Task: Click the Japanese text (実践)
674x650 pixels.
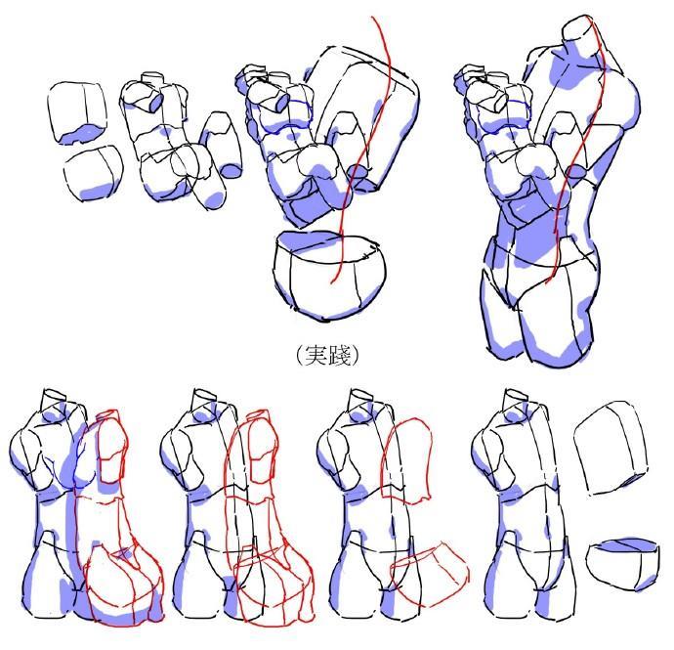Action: point(328,356)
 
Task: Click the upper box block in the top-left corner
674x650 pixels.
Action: point(78,113)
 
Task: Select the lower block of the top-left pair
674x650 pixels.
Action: point(93,173)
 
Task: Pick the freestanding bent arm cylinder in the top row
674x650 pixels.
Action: point(223,144)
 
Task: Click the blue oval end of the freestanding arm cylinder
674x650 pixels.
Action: point(232,171)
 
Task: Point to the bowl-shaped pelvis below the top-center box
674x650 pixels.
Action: point(329,277)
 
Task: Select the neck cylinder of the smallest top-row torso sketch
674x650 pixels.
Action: point(152,79)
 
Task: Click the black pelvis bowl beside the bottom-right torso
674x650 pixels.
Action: point(622,564)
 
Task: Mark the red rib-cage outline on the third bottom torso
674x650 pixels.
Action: point(406,458)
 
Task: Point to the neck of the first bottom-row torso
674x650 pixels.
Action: point(54,401)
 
